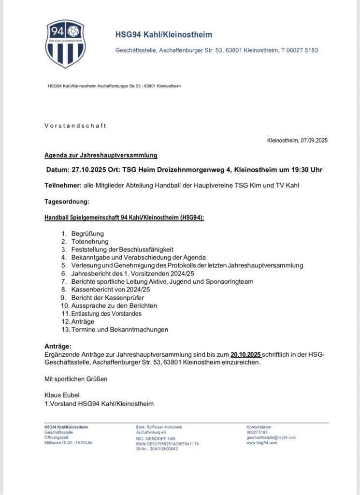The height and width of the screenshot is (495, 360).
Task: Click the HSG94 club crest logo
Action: tap(65, 44)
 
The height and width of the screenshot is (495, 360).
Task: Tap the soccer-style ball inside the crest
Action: tap(73, 31)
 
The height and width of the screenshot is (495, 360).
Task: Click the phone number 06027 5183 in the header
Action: tap(302, 50)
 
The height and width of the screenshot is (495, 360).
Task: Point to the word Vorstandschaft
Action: tap(75, 126)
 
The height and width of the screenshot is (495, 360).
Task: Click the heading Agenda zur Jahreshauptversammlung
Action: tap(101, 156)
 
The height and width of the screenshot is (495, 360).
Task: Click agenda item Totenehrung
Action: tap(90, 241)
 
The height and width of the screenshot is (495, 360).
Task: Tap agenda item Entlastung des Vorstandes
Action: tap(106, 314)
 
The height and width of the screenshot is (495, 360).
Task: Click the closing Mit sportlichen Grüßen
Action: tap(76, 379)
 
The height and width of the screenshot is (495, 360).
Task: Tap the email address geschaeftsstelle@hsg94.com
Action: tap(271, 437)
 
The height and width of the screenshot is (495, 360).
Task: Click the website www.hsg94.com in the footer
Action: tap(261, 443)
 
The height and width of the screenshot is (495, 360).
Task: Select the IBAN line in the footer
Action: tap(167, 443)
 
